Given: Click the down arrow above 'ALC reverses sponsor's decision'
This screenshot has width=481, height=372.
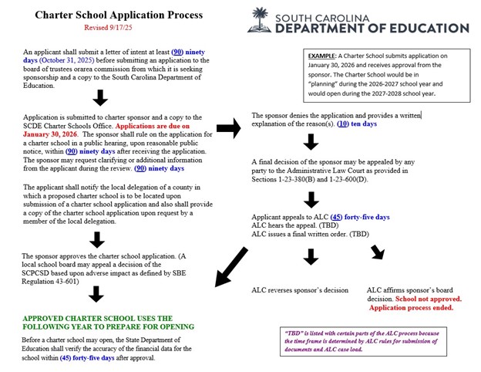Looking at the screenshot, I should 311,257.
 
